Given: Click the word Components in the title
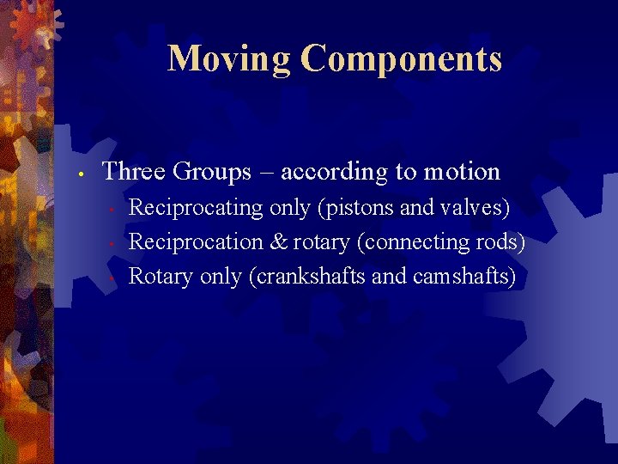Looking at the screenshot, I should (402, 58).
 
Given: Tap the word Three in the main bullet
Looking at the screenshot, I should (134, 171).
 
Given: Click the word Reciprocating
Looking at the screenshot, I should (196, 208).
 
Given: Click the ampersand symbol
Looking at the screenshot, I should (278, 242).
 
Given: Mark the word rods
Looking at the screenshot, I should (504, 242).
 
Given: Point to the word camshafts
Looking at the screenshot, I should (464, 277).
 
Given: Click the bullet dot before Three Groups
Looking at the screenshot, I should (79, 174).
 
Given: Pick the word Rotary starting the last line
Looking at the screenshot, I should (161, 277).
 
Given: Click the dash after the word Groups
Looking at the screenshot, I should (266, 172).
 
